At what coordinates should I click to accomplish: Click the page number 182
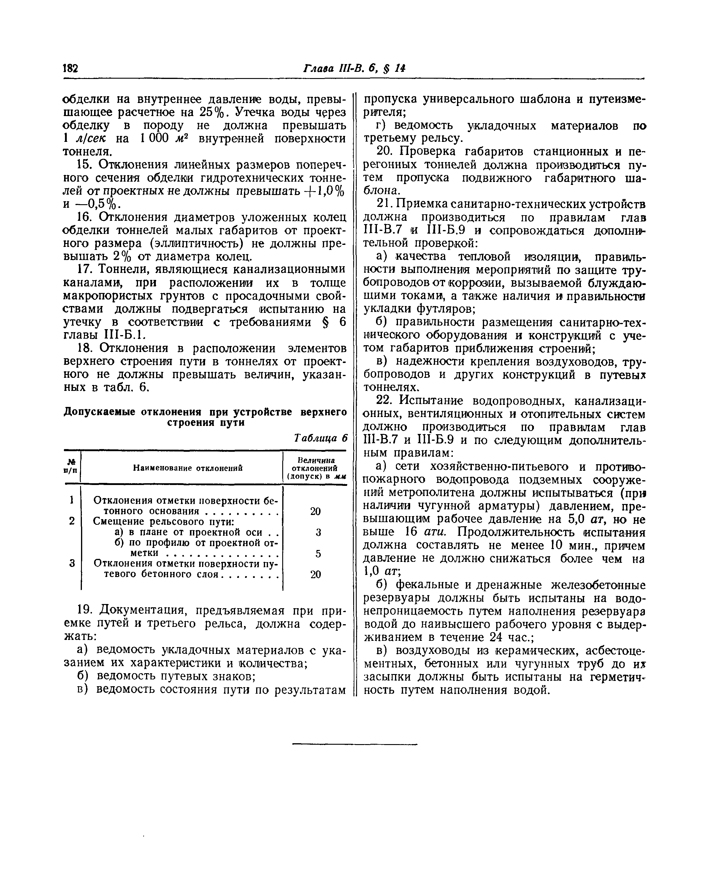(x=70, y=68)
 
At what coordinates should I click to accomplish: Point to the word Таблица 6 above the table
(x=321, y=438)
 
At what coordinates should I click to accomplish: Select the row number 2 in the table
(x=72, y=522)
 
